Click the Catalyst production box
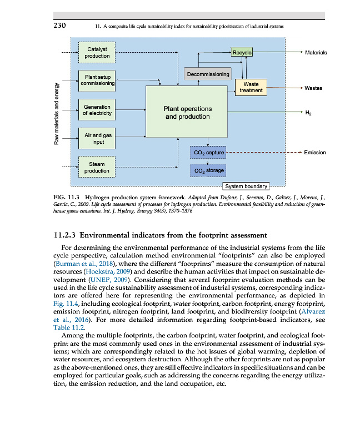[x=97, y=52]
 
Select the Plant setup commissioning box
[x=97, y=80]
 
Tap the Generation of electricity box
[x=97, y=110]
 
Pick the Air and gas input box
[x=97, y=138]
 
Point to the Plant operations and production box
[x=187, y=113]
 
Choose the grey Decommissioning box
[x=208, y=74]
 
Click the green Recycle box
[x=242, y=53]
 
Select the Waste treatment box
[x=251, y=87]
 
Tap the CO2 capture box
[x=208, y=152]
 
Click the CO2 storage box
[x=208, y=170]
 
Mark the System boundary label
[x=246, y=186]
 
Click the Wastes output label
[x=313, y=88]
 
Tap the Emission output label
[x=315, y=152]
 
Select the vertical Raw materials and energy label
[x=56, y=114]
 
